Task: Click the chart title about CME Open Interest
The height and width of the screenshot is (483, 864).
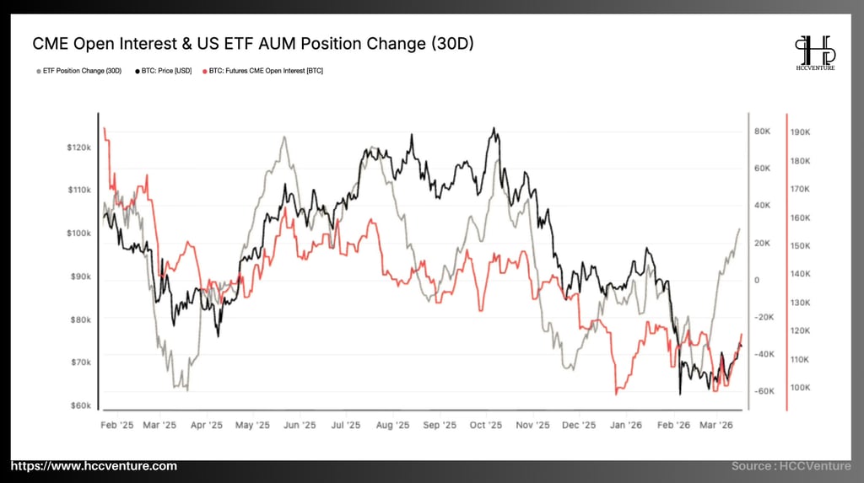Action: (252, 43)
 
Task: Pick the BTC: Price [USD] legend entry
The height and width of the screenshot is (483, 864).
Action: (165, 71)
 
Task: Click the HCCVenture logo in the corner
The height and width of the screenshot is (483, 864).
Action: (814, 52)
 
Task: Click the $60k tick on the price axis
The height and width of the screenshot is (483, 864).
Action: (80, 405)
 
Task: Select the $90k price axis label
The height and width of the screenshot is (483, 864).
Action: (80, 276)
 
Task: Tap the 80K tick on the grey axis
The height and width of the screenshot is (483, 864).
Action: (763, 131)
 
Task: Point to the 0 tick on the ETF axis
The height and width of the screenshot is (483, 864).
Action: (757, 280)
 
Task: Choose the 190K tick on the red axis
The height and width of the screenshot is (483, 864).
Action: (800, 132)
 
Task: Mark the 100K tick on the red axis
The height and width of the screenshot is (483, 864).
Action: (800, 388)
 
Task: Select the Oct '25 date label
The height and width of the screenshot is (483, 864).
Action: (485, 426)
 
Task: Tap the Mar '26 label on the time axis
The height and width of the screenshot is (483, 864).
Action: (715, 426)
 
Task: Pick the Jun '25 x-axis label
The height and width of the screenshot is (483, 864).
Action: (300, 426)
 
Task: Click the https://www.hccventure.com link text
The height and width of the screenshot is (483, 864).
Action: (94, 466)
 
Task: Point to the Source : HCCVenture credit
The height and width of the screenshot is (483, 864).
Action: (791, 466)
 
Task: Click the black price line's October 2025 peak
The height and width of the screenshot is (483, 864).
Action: (494, 129)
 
